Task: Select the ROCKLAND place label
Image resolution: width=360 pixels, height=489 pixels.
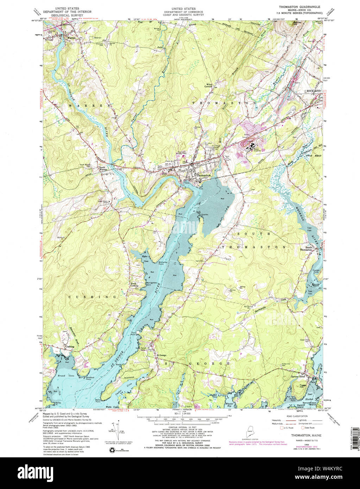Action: click(314, 91)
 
